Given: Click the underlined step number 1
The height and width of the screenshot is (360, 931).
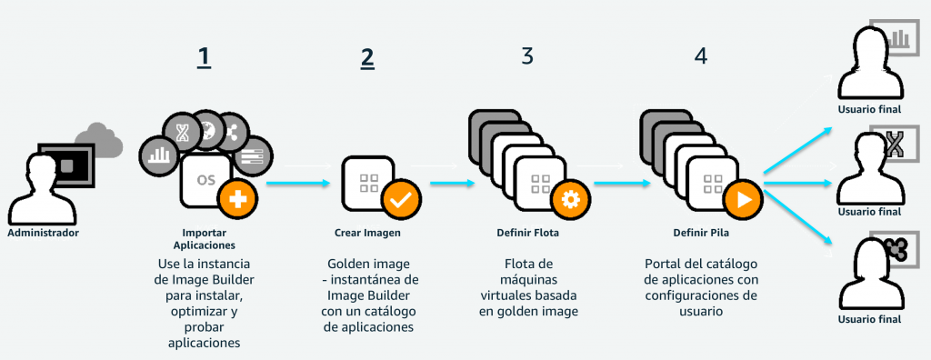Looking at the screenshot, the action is (205, 57).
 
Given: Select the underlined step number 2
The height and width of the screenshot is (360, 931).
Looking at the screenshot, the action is (367, 57).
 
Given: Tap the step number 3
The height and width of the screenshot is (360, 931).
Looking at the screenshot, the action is (527, 55).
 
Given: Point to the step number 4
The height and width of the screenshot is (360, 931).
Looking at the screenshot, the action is (701, 55).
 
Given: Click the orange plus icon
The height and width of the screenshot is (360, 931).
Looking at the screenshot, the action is (237, 200).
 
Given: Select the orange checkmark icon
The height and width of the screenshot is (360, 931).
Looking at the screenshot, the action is (401, 200).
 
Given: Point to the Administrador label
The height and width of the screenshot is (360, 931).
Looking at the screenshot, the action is (43, 233).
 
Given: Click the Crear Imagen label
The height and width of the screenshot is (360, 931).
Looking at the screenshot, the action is (367, 233).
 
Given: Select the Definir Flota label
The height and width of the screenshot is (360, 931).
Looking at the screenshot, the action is (528, 233).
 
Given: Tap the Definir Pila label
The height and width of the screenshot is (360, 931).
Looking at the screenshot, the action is (701, 233).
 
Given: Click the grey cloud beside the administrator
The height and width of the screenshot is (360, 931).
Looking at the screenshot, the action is (99, 140).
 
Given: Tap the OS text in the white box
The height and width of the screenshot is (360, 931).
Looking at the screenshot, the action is (206, 180).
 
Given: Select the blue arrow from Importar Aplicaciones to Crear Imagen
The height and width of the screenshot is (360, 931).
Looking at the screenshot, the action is (298, 183).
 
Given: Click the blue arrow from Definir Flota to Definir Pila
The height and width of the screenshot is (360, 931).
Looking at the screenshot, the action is (622, 183).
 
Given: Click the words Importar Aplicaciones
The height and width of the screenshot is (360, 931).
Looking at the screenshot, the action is (205, 239).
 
